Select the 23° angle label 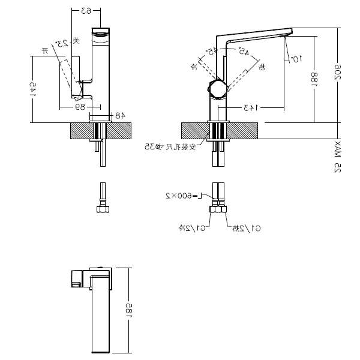[x=61, y=44]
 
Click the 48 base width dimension [x=119, y=114]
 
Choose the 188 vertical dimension [x=314, y=80]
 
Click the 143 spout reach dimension [x=250, y=107]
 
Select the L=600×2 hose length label [x=185, y=196]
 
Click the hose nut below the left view [x=102, y=209]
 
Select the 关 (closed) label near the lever [x=76, y=41]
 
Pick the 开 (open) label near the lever [x=44, y=52]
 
